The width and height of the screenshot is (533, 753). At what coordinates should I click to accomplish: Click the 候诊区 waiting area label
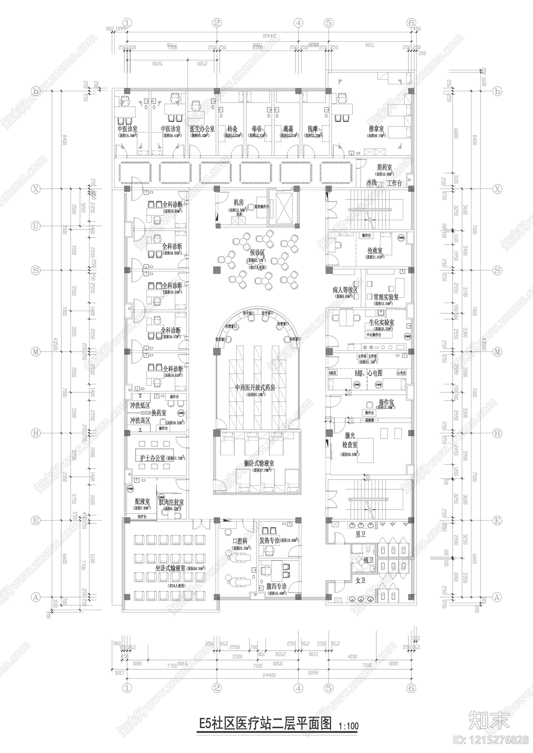(x=258, y=253)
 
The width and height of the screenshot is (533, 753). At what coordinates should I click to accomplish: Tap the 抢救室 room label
(x=375, y=250)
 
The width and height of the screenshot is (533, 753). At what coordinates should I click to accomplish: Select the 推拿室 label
(x=376, y=129)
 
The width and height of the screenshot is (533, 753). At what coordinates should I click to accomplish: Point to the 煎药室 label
(x=384, y=167)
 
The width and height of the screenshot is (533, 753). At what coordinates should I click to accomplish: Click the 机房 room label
(x=239, y=202)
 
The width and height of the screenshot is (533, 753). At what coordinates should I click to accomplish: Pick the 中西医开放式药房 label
(x=255, y=388)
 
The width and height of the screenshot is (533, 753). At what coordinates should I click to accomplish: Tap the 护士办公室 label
(x=153, y=458)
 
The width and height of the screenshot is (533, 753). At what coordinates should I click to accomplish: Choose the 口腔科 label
(x=240, y=542)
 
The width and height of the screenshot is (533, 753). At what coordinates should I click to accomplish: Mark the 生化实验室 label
(x=381, y=322)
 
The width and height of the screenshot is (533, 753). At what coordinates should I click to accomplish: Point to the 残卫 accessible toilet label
(x=368, y=561)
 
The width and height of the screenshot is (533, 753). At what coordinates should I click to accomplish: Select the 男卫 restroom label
(x=360, y=535)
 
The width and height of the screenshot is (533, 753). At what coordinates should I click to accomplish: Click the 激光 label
(x=350, y=435)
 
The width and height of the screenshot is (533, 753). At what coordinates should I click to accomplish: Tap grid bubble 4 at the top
(x=298, y=23)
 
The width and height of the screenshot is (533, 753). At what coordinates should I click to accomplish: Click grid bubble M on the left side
(x=36, y=352)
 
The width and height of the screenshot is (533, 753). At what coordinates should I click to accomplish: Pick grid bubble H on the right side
(x=497, y=433)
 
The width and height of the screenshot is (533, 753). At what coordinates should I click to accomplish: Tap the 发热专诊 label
(x=269, y=541)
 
